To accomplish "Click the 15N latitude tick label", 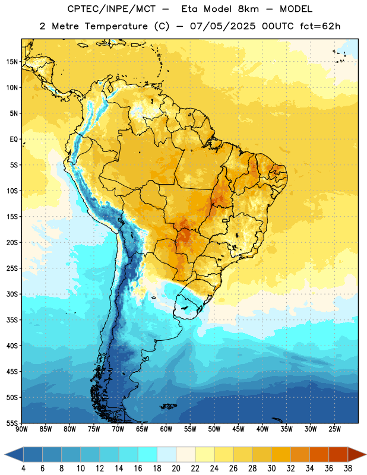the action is coord(12,62).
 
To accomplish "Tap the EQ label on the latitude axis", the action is coord(14,140).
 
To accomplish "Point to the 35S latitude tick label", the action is coord(12,320).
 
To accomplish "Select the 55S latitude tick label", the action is coord(12,423).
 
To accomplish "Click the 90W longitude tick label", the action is coord(21,429).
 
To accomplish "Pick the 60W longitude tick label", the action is coord(166,429).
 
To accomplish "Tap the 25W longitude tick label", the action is coord(334,429).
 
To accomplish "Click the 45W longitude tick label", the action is coord(238,429).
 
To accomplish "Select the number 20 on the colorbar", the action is coord(176,468).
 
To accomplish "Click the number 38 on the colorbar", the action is coord(347,468).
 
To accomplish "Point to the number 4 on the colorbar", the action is coord(23,468).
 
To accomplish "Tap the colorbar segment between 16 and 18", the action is coord(148,454).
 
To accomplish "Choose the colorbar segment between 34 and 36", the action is coord(319,454).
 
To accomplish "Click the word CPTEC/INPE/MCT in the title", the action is coord(112,9).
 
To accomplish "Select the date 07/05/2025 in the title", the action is coord(223,26).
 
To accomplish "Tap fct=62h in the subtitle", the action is coord(320,26).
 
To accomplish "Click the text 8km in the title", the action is coord(248,9).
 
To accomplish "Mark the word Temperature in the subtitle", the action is coord(116,27).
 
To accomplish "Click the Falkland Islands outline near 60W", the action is coord(168,406).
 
